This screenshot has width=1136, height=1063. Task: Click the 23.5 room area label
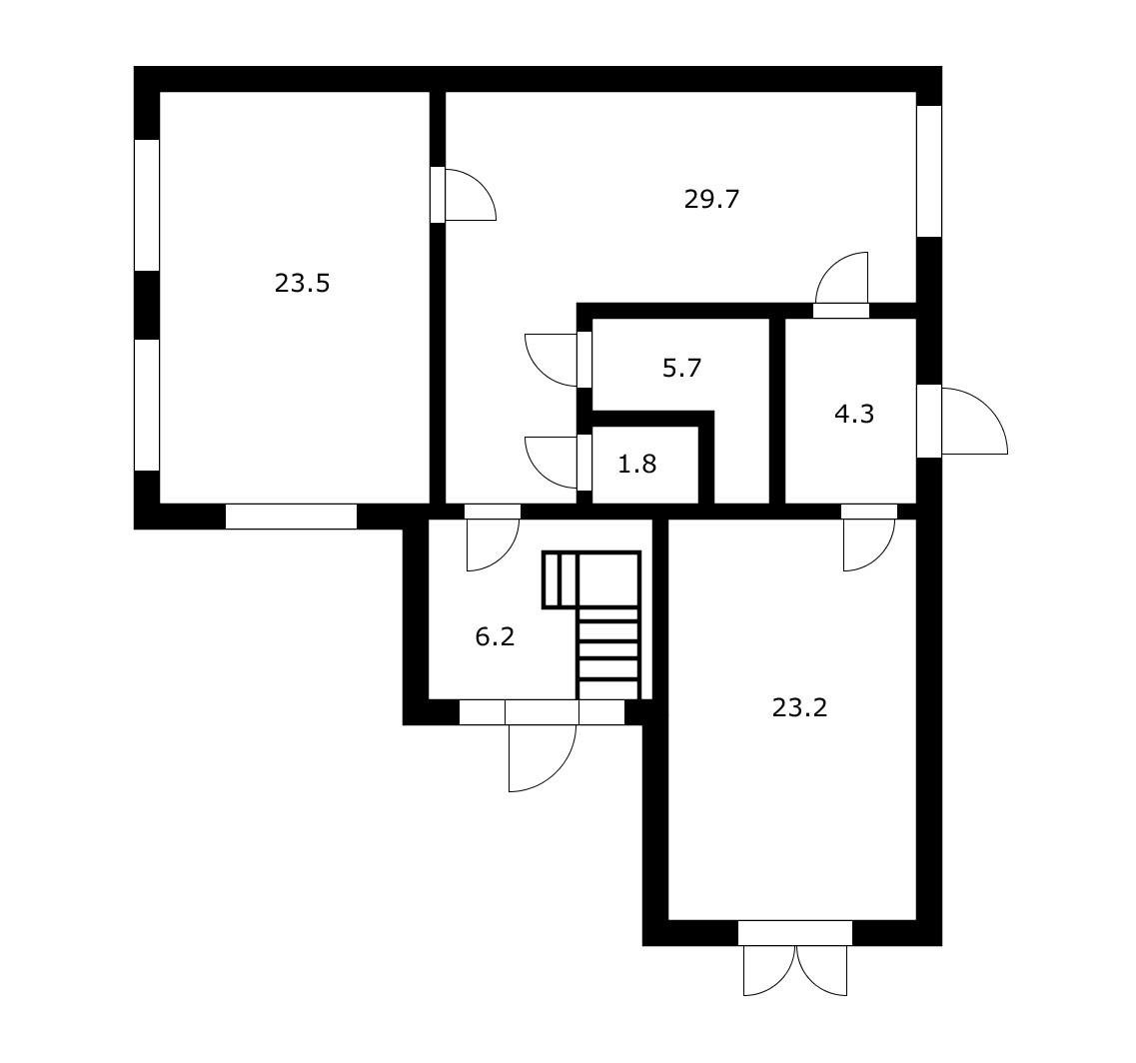[302, 283]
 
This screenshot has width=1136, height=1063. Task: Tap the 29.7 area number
[711, 199]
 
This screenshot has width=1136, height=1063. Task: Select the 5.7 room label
[681, 368]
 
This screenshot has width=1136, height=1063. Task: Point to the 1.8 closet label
[636, 464]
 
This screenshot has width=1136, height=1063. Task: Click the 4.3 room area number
[854, 415]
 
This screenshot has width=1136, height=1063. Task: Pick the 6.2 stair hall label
[495, 637]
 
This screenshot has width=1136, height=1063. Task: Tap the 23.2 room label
[799, 707]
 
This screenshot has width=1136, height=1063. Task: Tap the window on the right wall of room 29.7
[929, 172]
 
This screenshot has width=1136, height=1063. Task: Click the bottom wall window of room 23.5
[292, 517]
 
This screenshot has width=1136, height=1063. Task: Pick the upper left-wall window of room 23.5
[147, 206]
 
